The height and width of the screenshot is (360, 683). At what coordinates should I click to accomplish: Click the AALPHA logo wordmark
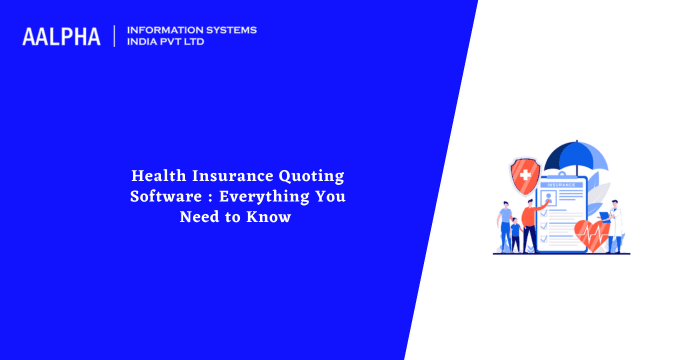pyautogui.click(x=61, y=37)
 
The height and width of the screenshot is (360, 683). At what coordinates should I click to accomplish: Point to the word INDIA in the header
pyautogui.click(x=142, y=43)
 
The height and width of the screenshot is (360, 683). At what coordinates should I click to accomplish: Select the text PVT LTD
pyautogui.click(x=187, y=43)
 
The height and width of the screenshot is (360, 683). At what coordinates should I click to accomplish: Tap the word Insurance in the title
pyautogui.click(x=235, y=176)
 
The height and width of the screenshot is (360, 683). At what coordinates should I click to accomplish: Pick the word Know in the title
pyautogui.click(x=272, y=217)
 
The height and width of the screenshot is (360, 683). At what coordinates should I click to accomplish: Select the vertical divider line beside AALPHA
pyautogui.click(x=115, y=36)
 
